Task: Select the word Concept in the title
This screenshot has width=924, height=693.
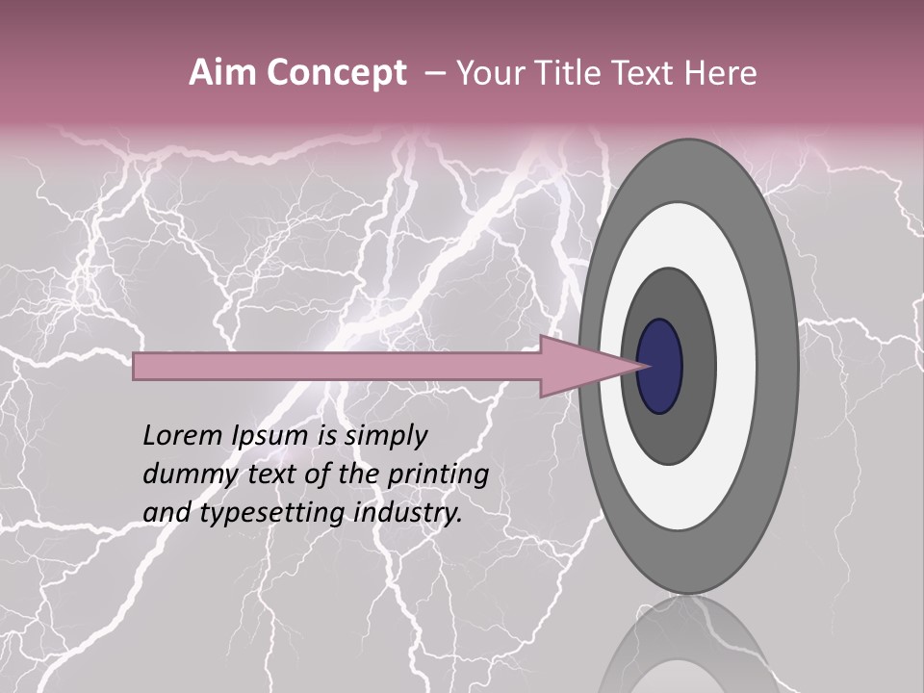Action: pos(336,73)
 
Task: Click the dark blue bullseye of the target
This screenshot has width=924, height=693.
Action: pos(660,366)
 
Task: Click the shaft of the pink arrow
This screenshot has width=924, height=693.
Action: pos(337,366)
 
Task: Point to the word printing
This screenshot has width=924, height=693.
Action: pos(438,475)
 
